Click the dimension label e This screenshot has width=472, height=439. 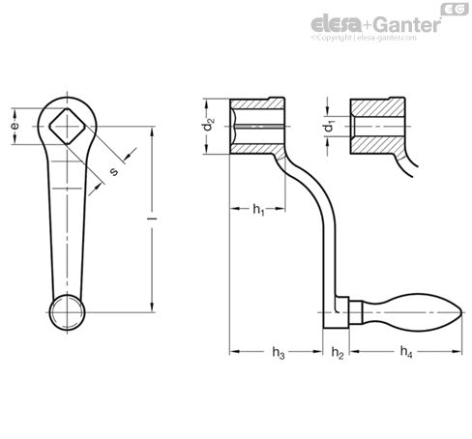point(14,127)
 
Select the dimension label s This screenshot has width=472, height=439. point(115,171)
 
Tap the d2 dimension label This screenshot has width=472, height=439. point(206,126)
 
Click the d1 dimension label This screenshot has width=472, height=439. point(330,126)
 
